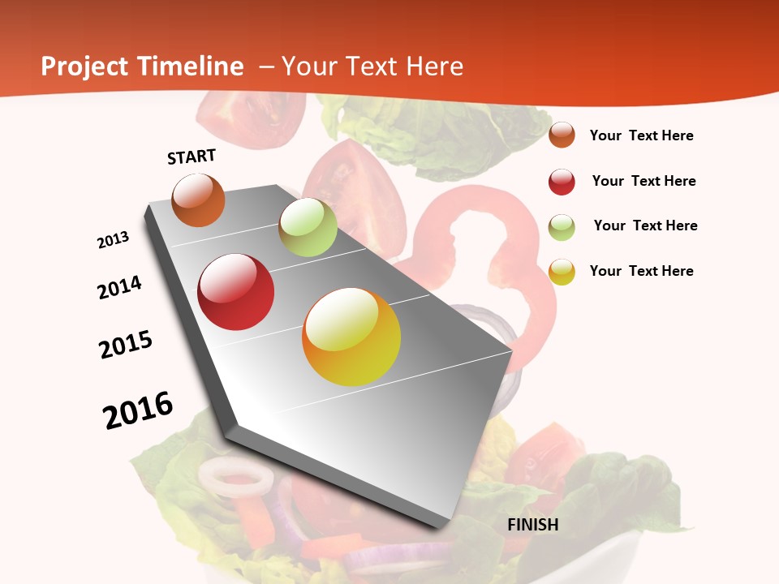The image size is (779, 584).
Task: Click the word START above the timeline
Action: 192,157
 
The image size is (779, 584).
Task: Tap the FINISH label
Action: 532,525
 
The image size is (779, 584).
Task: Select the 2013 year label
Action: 114,240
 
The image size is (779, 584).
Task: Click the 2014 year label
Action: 120,287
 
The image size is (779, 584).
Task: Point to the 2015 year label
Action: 126,345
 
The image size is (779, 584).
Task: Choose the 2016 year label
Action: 138,410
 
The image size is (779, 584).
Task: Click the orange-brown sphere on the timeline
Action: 199,200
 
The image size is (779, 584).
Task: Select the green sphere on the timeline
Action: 308,227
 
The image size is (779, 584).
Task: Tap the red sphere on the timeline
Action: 236,292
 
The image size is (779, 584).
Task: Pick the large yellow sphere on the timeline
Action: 351,337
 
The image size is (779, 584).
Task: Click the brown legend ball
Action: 562,135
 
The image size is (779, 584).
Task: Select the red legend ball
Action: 562,182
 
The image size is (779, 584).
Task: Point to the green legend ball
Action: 562,227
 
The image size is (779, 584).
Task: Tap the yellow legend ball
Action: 562,272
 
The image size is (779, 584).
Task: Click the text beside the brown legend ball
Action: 641,135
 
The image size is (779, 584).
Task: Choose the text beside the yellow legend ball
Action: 641,271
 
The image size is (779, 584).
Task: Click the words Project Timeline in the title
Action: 142,67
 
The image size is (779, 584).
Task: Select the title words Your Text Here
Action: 372,67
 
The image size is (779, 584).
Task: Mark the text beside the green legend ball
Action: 645,225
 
